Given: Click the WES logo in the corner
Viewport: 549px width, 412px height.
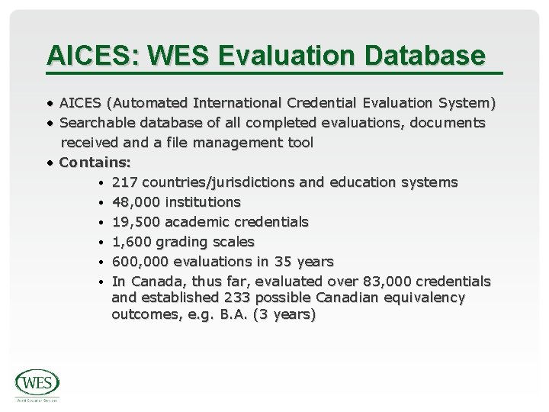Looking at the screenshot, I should [x=37, y=384].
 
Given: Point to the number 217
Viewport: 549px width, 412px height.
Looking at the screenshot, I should [x=124, y=182].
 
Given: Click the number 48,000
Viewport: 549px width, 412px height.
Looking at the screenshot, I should [x=135, y=202].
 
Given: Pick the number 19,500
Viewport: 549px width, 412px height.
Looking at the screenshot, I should [x=135, y=222].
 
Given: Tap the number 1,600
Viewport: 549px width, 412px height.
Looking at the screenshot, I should [x=131, y=242].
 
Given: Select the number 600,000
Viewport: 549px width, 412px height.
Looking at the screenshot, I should [x=139, y=262].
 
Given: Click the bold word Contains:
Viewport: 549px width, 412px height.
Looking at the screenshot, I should [x=95, y=162].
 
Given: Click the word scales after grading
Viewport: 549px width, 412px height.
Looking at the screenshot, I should [x=233, y=242].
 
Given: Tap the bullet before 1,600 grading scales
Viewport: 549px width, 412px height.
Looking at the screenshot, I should [x=101, y=242].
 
